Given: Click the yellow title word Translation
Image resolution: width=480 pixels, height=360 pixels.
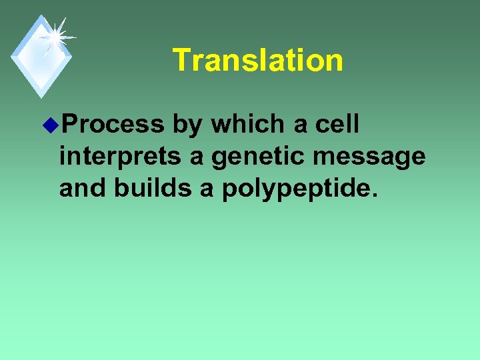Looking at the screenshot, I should click(258, 60).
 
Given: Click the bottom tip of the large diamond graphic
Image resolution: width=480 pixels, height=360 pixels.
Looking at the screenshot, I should click(41, 97).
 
